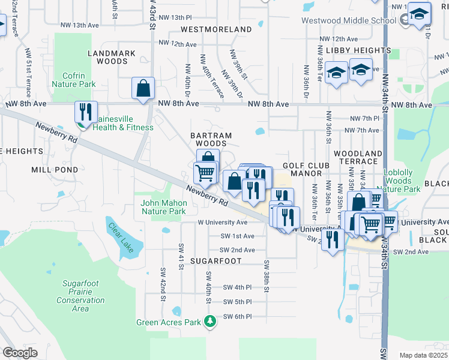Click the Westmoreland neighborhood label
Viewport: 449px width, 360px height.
pos(216,29)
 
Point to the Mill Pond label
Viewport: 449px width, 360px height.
pos(55,170)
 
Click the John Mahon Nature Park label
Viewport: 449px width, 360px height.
pos(163,207)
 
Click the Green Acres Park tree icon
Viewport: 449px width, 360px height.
pos(210,322)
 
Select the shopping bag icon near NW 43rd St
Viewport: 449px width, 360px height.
pos(143,88)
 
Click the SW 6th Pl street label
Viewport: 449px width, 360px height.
pos(237,316)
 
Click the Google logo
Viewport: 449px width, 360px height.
pos(20,353)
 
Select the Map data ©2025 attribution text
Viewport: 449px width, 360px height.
pos(423,355)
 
